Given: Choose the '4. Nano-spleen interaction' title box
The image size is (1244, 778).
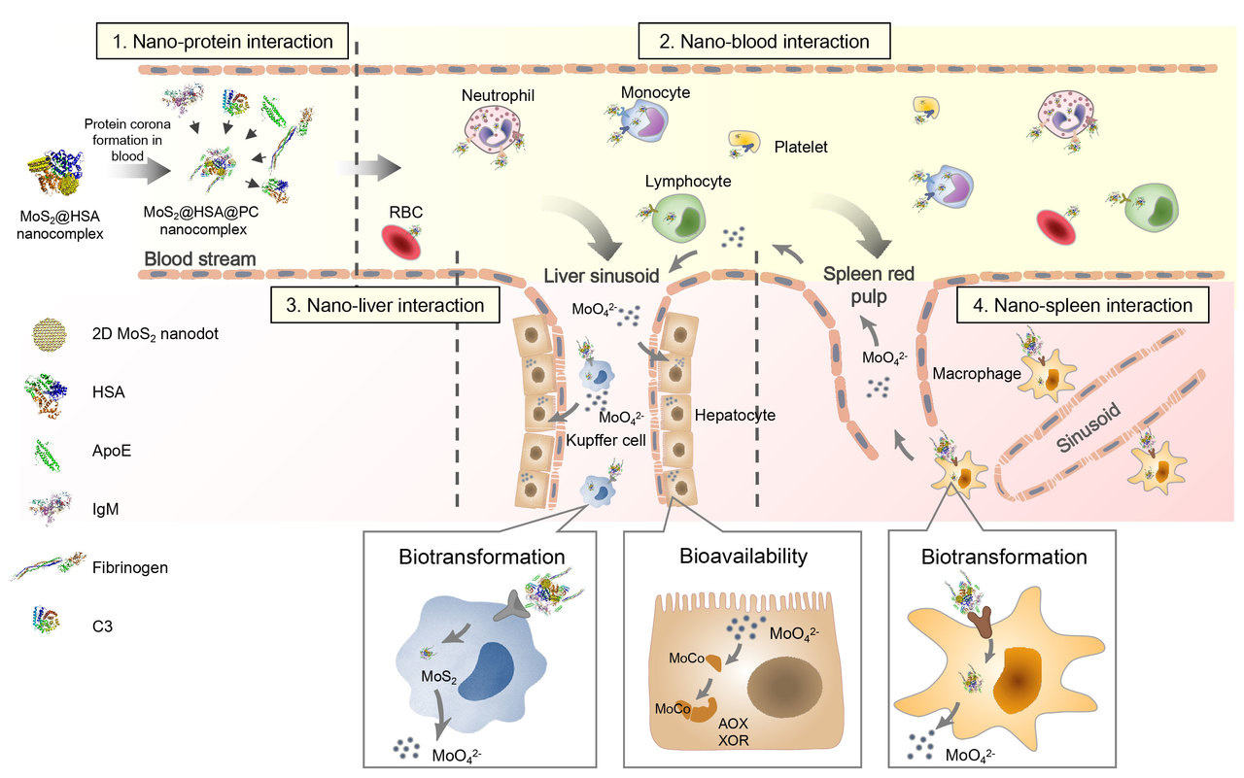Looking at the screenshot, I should coord(1084,305).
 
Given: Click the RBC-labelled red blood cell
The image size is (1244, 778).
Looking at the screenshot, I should coord(400,243).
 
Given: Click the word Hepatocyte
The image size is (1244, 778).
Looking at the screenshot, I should coord(735,415).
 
